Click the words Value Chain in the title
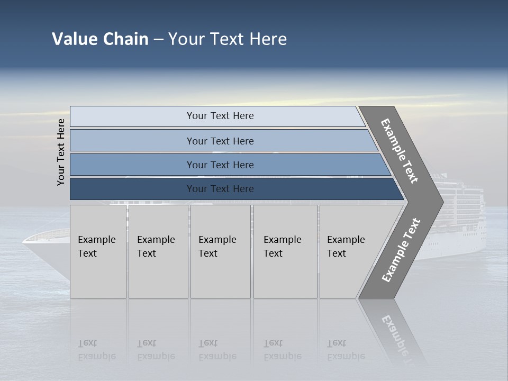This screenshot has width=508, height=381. point(100,39)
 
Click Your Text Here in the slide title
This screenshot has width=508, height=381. point(228,39)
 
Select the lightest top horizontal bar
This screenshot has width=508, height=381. point(220,116)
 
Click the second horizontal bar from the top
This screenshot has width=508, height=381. point(220,141)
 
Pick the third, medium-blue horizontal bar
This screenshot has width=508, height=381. point(220,165)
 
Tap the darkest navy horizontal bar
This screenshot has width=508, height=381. point(220,189)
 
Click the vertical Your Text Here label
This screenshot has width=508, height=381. point(61,152)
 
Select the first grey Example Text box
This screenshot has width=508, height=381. point(98,251)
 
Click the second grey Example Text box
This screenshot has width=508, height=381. point(158,251)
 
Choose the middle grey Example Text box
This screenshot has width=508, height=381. point(220,251)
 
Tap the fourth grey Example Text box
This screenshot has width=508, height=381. point(285,251)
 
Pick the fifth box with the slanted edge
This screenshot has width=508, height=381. point(349,251)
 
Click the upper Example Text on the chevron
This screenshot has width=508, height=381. point(400,151)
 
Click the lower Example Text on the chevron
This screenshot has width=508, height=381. point(401,250)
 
